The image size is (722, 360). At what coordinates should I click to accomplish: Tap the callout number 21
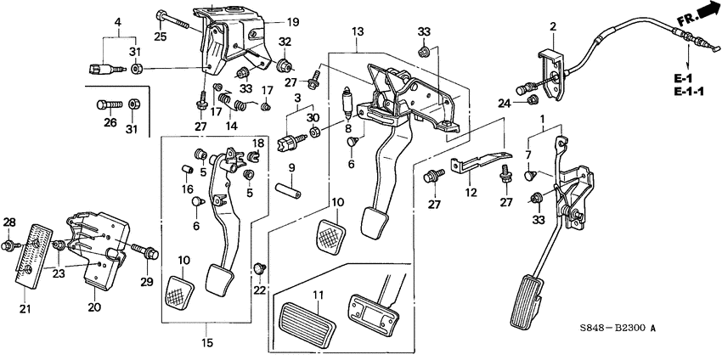[x=25, y=308]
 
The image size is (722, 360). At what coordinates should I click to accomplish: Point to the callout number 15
[x=206, y=342]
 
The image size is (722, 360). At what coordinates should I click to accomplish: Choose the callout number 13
[x=358, y=31]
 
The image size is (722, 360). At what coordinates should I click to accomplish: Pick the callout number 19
[x=269, y=22]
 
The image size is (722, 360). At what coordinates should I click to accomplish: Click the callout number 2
[x=552, y=27]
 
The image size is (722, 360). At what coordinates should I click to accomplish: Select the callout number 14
[x=229, y=126]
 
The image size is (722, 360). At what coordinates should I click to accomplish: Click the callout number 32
[x=285, y=42]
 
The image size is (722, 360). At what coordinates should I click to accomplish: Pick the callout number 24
[x=505, y=104]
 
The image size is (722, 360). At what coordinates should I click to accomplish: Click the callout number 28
[x=8, y=222]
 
